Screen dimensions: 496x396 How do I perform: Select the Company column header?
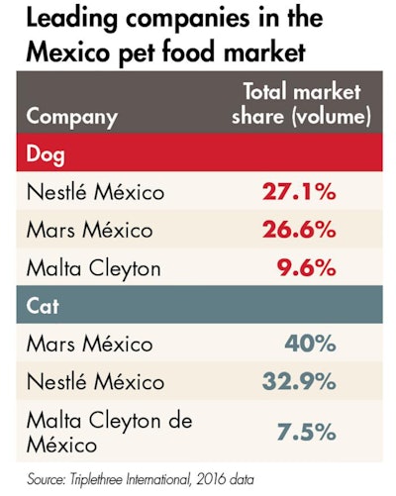71,117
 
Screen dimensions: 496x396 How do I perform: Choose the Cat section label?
42,306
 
